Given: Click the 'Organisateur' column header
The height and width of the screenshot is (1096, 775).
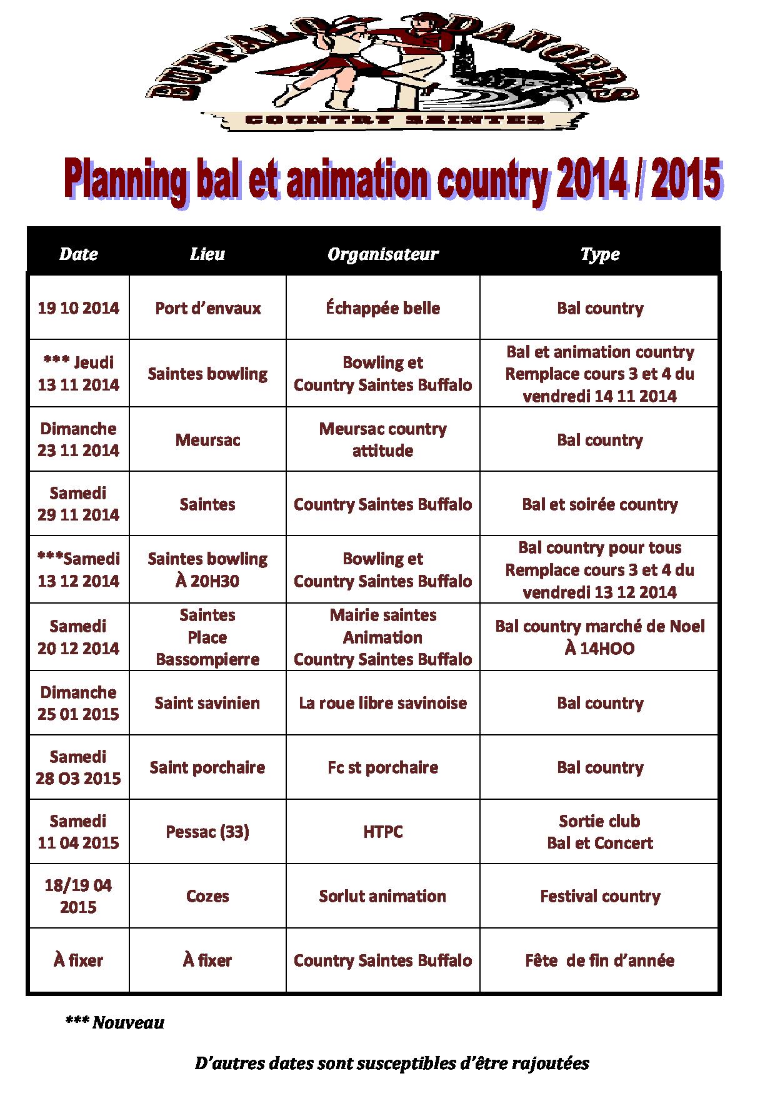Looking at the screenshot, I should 382,254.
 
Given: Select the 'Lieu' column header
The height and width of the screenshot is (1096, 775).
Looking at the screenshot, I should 207,254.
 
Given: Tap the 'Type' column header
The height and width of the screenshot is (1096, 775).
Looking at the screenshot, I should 599,254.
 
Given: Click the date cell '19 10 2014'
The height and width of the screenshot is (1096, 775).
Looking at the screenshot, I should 78,308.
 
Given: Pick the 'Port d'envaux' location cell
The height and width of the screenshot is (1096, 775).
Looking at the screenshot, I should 207,308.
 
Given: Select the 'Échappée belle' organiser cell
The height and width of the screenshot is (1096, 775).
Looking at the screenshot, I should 382,308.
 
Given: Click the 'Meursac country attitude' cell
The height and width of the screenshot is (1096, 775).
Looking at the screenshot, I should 382,439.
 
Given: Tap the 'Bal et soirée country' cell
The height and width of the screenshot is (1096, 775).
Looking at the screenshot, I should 599,504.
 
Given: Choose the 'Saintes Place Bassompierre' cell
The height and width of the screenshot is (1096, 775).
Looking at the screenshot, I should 207,637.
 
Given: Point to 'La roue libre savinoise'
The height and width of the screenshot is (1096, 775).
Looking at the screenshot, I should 382,703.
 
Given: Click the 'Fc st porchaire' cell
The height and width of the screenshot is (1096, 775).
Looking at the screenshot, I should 382,767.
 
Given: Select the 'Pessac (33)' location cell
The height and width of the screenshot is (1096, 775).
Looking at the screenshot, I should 207,832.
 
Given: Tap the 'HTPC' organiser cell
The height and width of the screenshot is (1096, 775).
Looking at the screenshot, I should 382,832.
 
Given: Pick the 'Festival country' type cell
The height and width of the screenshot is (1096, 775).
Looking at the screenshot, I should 599,896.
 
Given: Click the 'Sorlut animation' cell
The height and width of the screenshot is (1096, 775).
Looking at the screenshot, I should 382,896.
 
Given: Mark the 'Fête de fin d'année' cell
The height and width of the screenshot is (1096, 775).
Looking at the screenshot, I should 599,960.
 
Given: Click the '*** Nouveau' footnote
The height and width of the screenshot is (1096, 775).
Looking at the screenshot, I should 114,1023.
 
